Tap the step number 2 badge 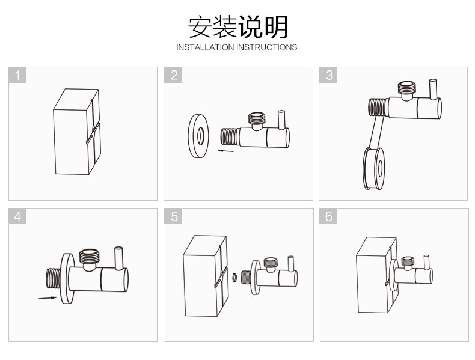point(174,75)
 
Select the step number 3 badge point(329,75)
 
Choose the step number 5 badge point(174,217)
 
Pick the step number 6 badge point(329,217)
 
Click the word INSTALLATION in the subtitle point(204,47)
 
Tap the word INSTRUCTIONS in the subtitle point(266,47)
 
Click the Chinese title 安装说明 point(237,27)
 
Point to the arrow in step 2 point(225,151)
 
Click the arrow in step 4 point(47,297)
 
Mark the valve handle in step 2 point(281,120)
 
